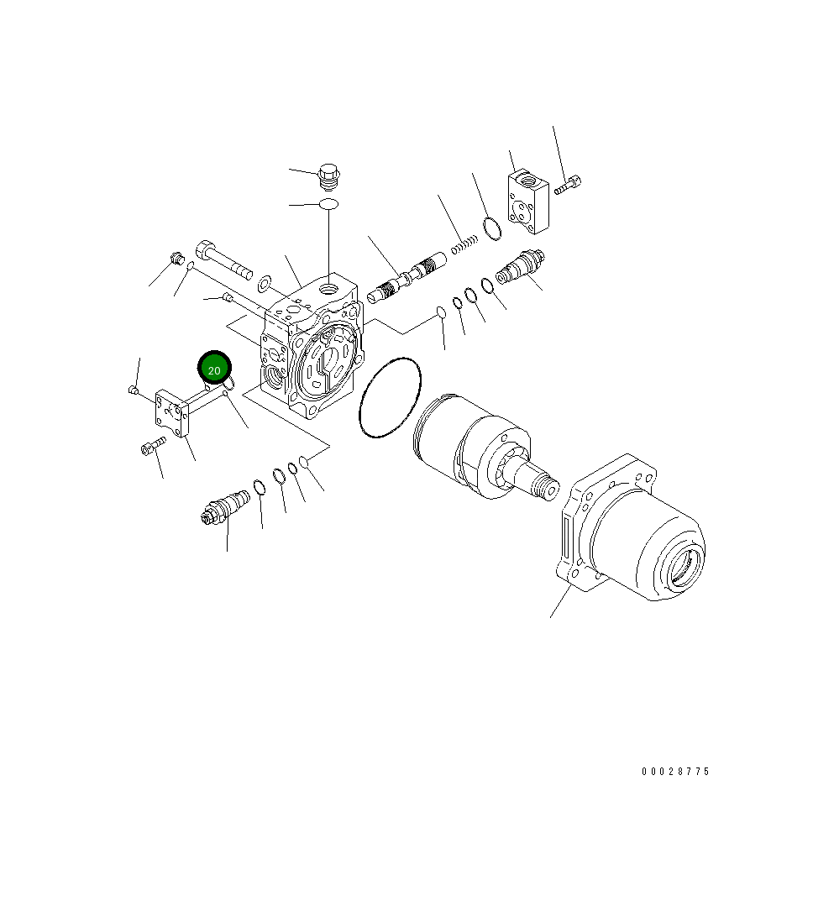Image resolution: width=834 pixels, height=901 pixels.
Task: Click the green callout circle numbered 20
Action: [214, 369]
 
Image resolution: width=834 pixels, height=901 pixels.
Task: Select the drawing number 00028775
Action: [675, 771]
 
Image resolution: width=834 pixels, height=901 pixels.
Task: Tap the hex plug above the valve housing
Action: [330, 176]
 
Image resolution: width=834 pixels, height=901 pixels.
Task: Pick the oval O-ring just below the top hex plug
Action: [329, 204]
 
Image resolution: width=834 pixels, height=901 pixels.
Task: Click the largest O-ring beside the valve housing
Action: [390, 398]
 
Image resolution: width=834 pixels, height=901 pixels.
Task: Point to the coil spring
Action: [464, 244]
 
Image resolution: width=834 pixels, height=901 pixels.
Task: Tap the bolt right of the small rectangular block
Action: [569, 184]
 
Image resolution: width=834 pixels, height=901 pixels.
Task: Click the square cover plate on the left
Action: [173, 414]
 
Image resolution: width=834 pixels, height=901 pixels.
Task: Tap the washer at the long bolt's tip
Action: [265, 280]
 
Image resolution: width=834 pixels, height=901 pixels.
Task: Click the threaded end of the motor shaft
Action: [547, 486]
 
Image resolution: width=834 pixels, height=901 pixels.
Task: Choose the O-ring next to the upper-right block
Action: [492, 228]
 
